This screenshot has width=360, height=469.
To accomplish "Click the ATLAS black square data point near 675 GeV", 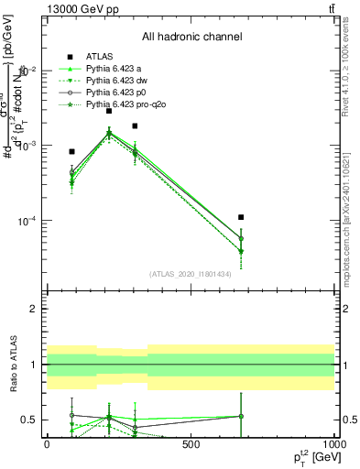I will (241, 217).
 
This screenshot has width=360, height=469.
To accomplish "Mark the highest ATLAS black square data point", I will (109, 110).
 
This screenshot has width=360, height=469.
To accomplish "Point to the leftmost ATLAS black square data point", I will (71, 151).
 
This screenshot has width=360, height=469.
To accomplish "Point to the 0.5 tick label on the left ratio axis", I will (31, 420).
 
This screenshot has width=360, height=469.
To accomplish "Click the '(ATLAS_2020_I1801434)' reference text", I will (191, 274).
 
